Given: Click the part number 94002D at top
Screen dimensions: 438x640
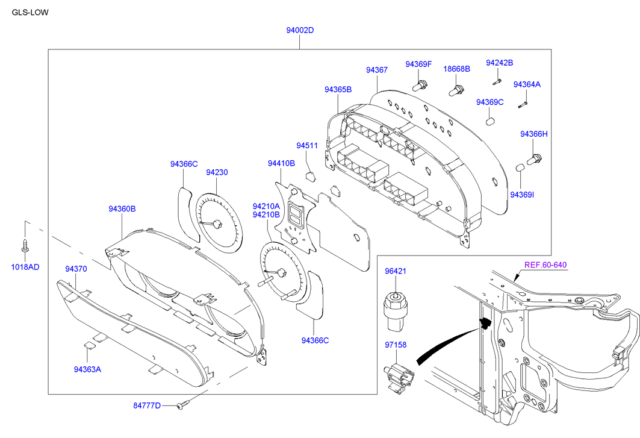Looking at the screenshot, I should (x=300, y=30).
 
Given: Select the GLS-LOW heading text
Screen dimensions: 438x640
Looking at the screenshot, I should (x=30, y=11).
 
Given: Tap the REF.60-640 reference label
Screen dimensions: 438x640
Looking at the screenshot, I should (x=545, y=264).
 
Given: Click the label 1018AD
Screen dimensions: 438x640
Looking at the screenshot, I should (x=25, y=267).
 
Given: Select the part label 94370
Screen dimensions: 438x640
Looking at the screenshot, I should (x=76, y=269).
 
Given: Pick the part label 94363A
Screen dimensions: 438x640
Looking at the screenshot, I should (x=87, y=369).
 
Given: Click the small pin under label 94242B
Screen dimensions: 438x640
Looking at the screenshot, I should (x=498, y=79).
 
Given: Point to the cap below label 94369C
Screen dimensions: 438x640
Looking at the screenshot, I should (x=490, y=121).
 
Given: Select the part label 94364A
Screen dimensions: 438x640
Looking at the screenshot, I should (x=527, y=84).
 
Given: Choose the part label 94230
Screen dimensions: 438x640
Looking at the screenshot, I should (x=217, y=172).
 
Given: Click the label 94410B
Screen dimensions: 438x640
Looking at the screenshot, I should (x=281, y=163).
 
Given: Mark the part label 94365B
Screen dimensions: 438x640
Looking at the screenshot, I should (x=338, y=90).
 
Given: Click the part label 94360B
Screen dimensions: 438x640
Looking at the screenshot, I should (x=122, y=209).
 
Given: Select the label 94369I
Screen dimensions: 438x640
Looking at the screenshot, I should (x=522, y=194).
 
